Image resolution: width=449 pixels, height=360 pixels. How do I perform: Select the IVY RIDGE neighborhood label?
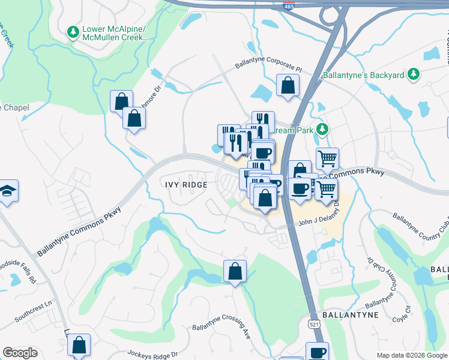186,185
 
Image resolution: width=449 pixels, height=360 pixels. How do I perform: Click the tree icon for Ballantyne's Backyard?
413,74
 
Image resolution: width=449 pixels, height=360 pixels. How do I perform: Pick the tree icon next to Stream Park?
322,129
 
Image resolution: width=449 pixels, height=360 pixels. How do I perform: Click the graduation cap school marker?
8,191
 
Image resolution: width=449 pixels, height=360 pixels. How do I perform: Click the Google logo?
20,353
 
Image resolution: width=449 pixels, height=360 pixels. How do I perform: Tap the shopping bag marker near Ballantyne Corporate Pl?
288,85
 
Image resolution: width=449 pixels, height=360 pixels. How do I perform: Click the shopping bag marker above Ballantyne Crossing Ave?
235,271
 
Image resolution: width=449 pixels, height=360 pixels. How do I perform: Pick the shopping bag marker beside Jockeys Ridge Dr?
79,345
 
